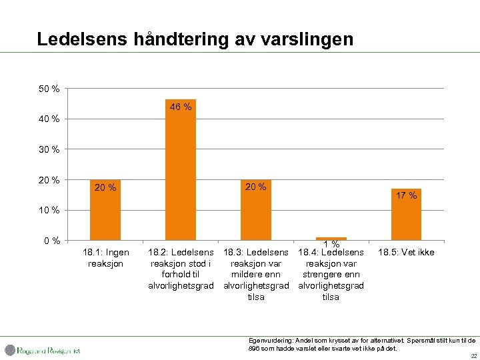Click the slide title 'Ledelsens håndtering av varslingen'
pyautogui.click(x=195, y=39)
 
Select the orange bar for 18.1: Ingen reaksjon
pyautogui.click(x=105, y=209)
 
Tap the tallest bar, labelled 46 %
pyautogui.click(x=180, y=169)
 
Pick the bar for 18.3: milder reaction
pyautogui.click(x=255, y=209)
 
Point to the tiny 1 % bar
pyautogui.click(x=331, y=238)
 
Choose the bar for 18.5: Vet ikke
pyautogui.click(x=406, y=214)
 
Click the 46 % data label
pyautogui.click(x=180, y=107)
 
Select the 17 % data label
pyautogui.click(x=406, y=195)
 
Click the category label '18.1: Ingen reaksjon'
pyautogui.click(x=105, y=257)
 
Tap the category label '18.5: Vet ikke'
pyautogui.click(x=406, y=252)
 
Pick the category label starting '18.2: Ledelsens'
pyautogui.click(x=180, y=269)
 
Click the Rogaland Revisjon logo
pyautogui.click(x=43, y=350)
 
